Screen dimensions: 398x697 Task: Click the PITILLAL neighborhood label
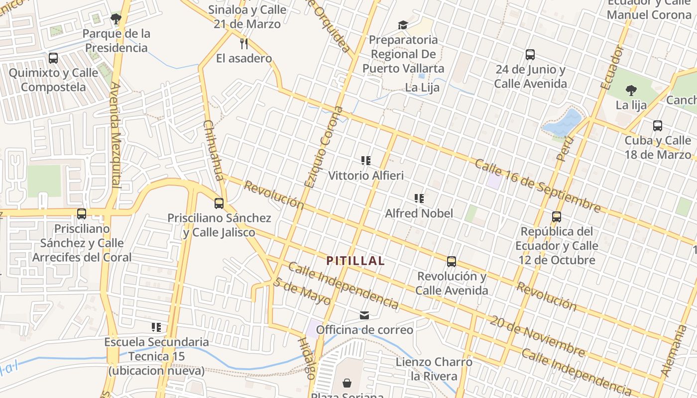pos(355,261)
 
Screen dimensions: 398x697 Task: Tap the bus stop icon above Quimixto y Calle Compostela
pos(53,58)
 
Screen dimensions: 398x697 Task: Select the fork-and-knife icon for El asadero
pos(244,43)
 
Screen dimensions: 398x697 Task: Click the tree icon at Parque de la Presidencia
pos(116,19)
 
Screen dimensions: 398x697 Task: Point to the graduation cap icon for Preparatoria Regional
pos(402,25)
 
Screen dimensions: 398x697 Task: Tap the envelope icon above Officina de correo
pos(364,315)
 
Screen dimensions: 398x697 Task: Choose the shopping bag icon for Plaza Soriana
pos(347,383)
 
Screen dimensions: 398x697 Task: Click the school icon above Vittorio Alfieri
pos(366,160)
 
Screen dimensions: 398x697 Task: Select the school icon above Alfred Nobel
pos(419,199)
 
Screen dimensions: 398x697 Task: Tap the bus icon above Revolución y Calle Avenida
pos(452,261)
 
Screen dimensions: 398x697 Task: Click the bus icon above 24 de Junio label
pos(530,55)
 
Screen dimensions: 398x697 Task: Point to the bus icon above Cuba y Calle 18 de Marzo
pos(658,126)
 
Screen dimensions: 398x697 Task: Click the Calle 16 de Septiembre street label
pos(538,185)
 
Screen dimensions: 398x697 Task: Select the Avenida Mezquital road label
pos(116,134)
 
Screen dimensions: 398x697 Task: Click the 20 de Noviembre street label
pos(537,336)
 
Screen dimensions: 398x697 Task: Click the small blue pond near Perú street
pos(564,122)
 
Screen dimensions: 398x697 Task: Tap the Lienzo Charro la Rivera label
pos(434,369)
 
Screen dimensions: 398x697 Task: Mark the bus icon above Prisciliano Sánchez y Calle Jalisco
pos(219,203)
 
